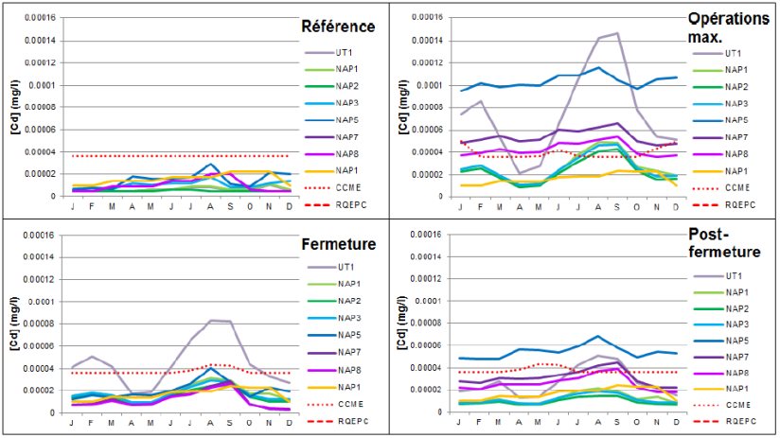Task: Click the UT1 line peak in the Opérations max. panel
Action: (x=616, y=33)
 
